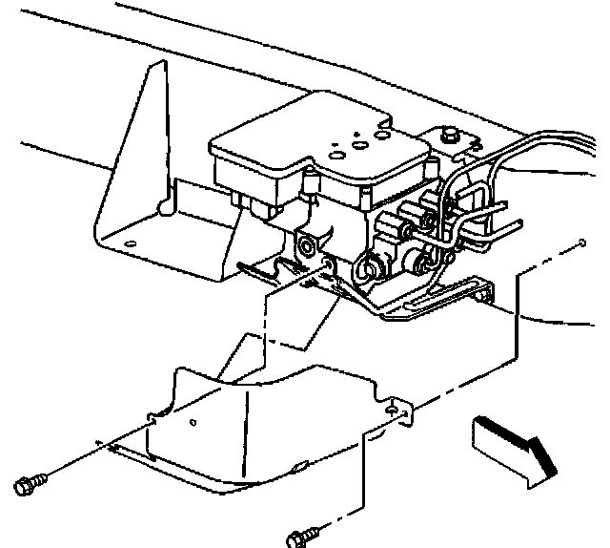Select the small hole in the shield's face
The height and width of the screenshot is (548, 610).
(x=193, y=421)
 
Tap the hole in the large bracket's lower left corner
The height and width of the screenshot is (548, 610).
(x=130, y=245)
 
